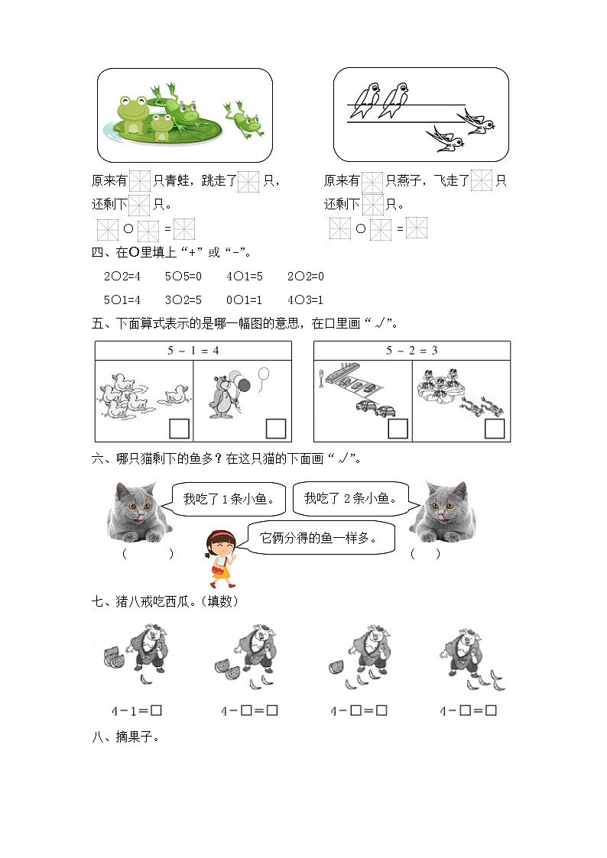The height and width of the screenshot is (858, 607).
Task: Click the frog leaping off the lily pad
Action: click(244, 118)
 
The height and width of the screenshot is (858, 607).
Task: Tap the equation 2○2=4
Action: click(120, 277)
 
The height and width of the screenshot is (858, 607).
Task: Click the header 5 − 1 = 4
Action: click(193, 351)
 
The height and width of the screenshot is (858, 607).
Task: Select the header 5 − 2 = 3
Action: click(412, 351)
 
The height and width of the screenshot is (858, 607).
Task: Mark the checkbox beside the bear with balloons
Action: click(275, 428)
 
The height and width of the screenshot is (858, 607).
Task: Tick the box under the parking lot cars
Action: click(398, 429)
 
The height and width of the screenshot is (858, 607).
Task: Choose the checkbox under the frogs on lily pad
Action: click(495, 429)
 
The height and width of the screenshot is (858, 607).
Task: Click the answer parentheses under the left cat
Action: click(147, 554)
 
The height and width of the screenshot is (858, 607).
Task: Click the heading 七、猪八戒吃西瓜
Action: click(164, 602)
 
